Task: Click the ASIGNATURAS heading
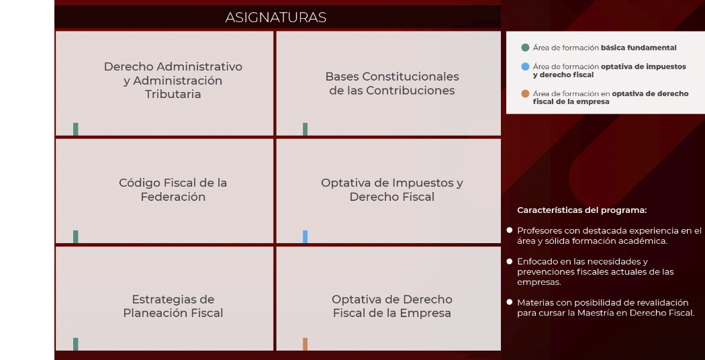tap(276, 17)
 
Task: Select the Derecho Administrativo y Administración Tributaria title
tap(173, 81)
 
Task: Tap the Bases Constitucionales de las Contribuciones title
tap(392, 84)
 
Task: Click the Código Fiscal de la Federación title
tap(173, 189)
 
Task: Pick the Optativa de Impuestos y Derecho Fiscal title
tap(392, 189)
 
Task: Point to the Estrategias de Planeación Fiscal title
tap(173, 306)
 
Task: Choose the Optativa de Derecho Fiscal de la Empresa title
tap(392, 306)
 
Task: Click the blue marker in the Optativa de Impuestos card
tap(305, 236)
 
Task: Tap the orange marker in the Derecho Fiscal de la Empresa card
tap(305, 344)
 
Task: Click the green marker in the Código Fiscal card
tap(76, 236)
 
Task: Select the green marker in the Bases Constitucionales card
tap(305, 129)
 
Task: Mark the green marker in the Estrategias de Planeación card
tap(76, 344)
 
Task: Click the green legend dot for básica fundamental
tap(525, 48)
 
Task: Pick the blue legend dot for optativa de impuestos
tap(525, 67)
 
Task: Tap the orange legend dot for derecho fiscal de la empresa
tap(525, 94)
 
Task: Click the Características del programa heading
tap(581, 210)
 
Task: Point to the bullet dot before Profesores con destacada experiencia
tap(510, 230)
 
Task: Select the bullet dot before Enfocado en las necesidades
tap(510, 261)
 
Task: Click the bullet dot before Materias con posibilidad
tap(510, 303)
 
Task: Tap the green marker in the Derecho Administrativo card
tap(76, 129)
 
